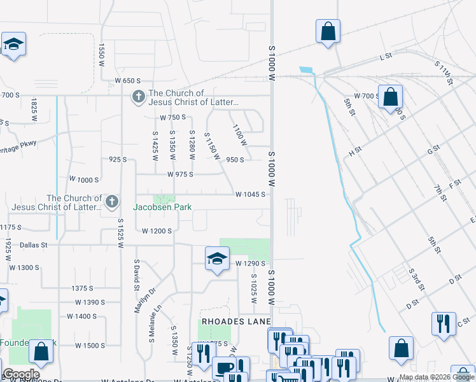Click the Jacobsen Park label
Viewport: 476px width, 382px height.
pos(162,207)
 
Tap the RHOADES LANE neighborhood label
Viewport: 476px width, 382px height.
pos(237,321)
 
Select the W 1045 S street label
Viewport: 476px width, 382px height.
pos(250,195)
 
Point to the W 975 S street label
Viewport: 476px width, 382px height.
pos(180,174)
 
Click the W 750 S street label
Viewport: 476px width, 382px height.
pos(172,118)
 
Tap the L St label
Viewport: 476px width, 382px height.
pos(385,57)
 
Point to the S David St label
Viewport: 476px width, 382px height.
pos(136,274)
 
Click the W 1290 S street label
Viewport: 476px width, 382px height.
pos(249,263)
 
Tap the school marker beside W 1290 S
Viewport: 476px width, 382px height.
pos(217,258)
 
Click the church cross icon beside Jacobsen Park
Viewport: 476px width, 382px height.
pos(111,202)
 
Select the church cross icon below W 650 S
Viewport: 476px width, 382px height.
pos(138,97)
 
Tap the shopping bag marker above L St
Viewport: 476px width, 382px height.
pos(328,31)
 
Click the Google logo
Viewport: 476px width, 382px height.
pos(21,374)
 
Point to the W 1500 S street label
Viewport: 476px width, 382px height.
pos(90,346)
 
